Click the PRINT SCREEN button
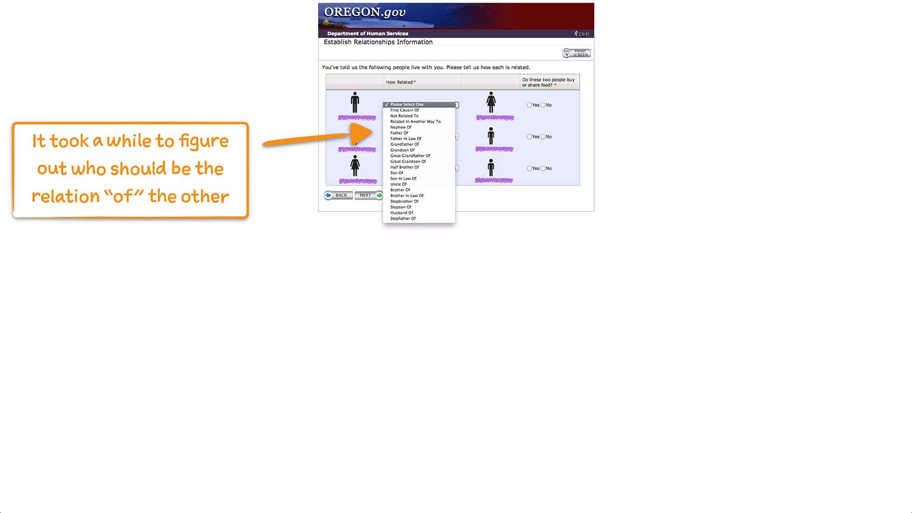point(576,53)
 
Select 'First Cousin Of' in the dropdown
point(404,110)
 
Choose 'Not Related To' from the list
point(404,116)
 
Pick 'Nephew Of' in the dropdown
point(401,127)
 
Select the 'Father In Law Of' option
point(405,139)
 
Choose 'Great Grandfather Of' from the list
point(410,156)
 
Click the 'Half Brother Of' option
point(404,167)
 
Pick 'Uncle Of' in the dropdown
point(398,184)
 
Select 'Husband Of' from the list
point(402,213)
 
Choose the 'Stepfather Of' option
point(403,218)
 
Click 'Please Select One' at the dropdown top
point(407,105)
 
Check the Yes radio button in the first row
point(529,105)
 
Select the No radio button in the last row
point(543,169)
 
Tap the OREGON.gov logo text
point(364,12)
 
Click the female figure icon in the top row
point(491,102)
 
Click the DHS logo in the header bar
point(582,34)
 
